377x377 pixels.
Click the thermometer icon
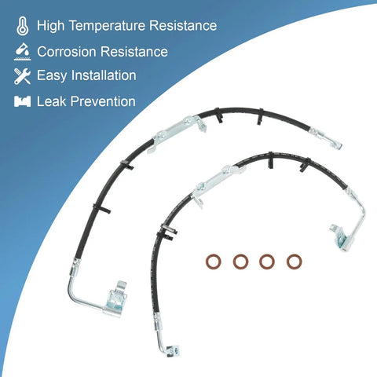click(23, 26)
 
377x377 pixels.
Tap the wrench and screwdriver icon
click(22, 76)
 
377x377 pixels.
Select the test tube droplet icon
click(23, 52)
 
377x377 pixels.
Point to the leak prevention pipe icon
click(22, 101)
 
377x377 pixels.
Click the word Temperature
click(107, 26)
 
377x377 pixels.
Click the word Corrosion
click(67, 52)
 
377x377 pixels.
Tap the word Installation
click(104, 75)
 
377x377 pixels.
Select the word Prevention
click(103, 101)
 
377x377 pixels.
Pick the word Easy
click(52, 76)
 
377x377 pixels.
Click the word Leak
click(52, 101)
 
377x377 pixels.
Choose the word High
click(50, 26)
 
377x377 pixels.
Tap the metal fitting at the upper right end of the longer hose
click(325, 138)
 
